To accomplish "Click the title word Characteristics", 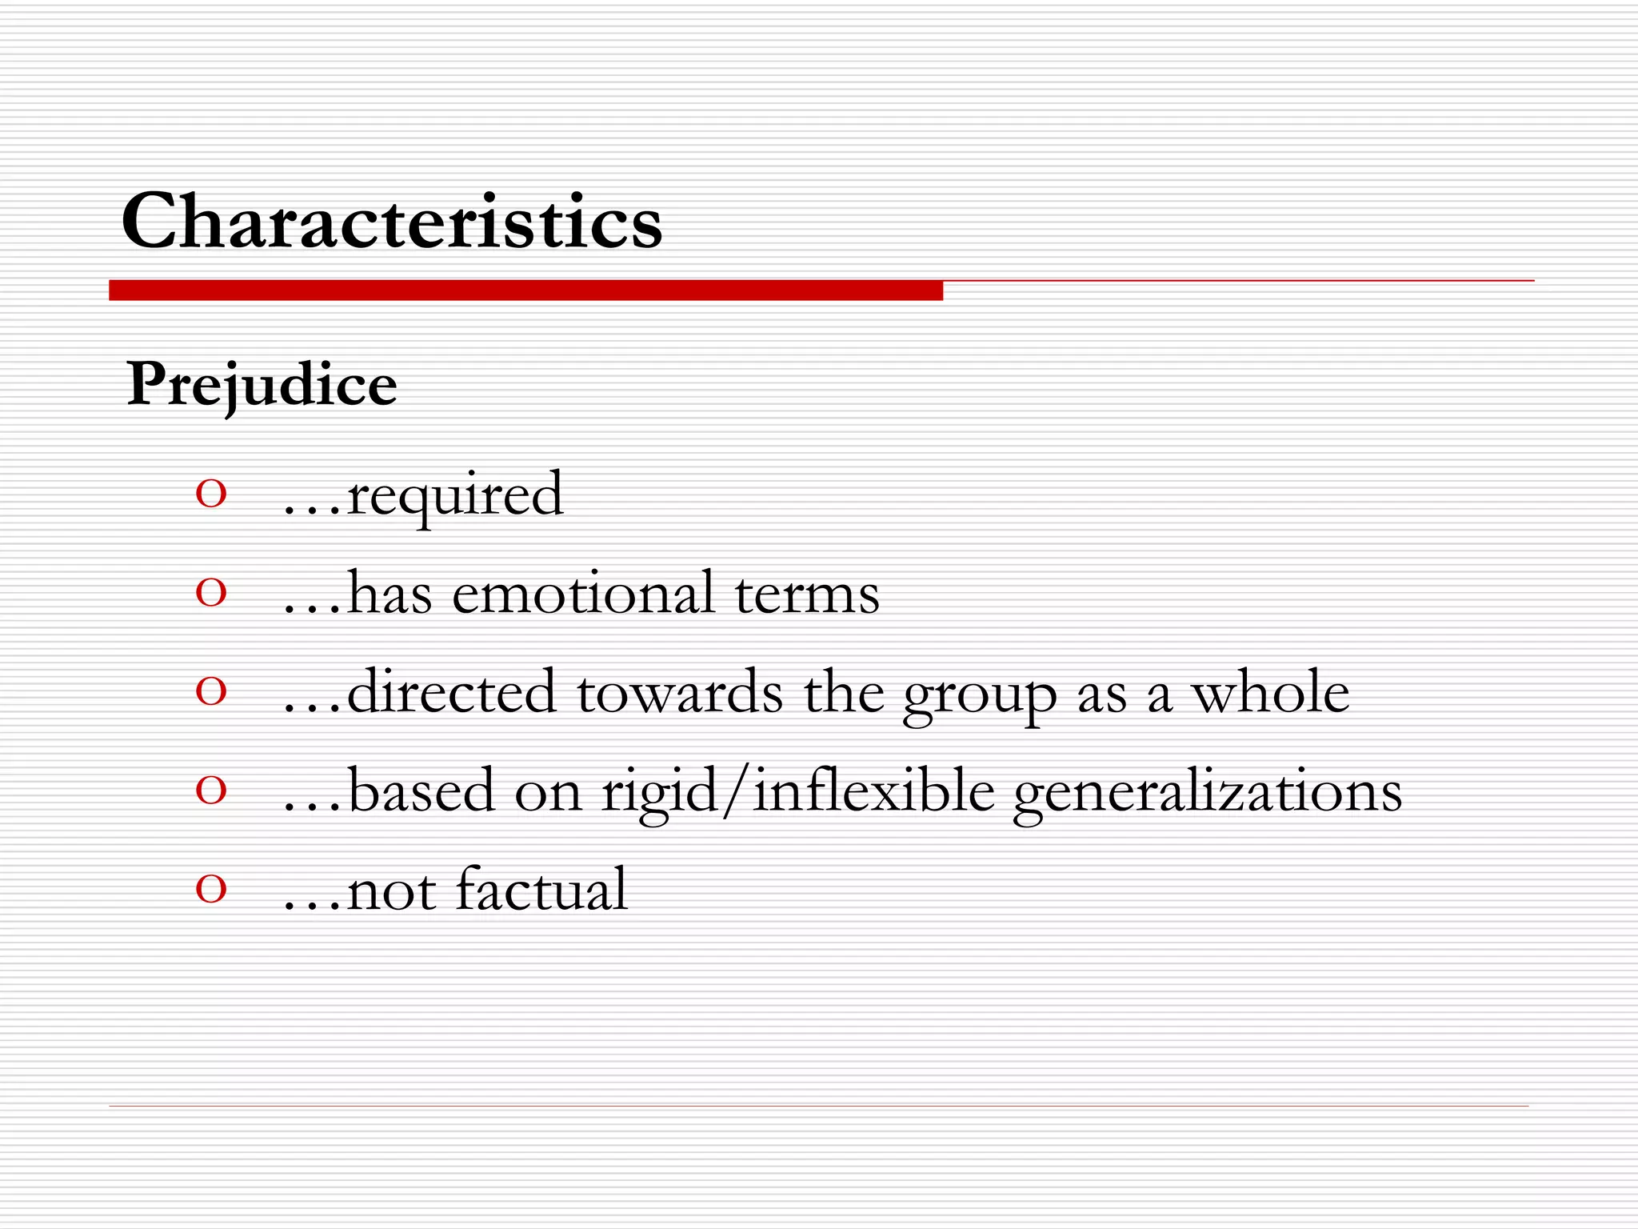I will pos(392,222).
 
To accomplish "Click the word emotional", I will pos(583,594).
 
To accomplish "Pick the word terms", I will pos(807,594).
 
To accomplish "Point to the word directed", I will pos(451,693).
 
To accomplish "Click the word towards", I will pos(680,693).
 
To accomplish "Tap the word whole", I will pos(1271,693).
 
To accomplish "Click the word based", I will pos(421,791).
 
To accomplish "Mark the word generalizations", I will pos(1208,793).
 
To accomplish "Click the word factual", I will pos(541,890).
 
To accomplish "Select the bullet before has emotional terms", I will pos(211,594).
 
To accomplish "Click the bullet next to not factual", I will pos(211,889).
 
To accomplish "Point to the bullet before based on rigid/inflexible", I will pos(211,791).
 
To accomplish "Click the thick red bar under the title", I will pos(525,290).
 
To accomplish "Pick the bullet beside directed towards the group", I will pos(211,692).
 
